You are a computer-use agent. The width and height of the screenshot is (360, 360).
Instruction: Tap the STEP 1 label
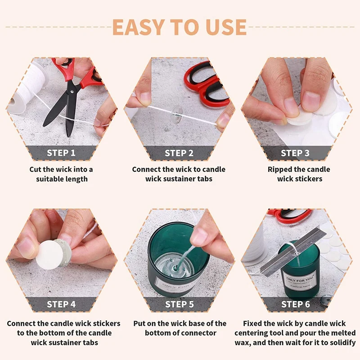(x=61, y=153)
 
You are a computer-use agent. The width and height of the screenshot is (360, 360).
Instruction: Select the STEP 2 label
(x=179, y=153)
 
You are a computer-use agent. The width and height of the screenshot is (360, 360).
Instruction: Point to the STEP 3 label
(x=295, y=153)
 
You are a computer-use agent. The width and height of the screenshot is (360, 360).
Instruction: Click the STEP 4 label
(x=61, y=304)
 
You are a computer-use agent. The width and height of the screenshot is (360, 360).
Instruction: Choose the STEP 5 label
(x=180, y=304)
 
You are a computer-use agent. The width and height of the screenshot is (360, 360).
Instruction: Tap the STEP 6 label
(x=296, y=304)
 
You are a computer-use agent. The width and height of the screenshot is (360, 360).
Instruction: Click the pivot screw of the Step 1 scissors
(x=72, y=92)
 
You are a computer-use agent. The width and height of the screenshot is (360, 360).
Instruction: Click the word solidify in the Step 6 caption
(x=343, y=343)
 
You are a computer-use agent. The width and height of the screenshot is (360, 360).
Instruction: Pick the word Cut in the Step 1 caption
(x=36, y=170)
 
